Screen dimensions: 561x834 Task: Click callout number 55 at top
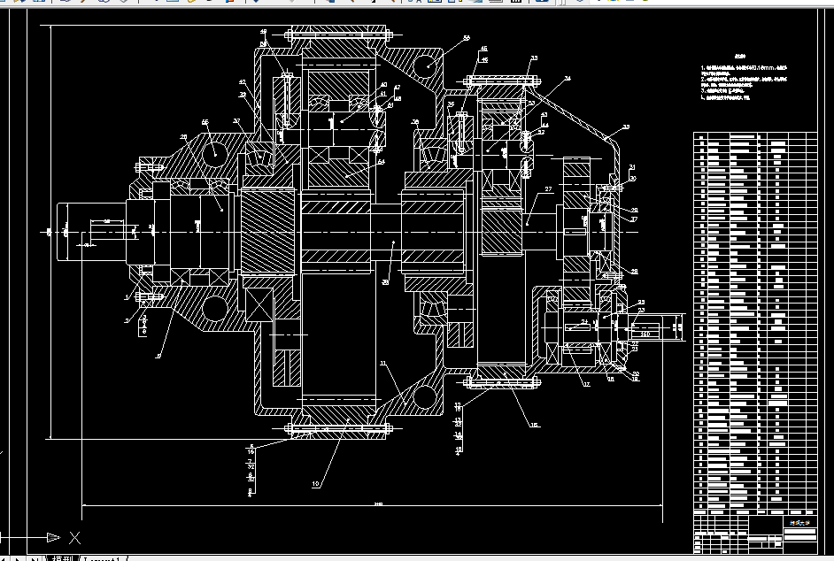pyautogui.click(x=466, y=39)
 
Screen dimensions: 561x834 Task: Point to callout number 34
pyautogui.click(x=568, y=79)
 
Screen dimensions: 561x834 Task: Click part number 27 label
pyautogui.click(x=548, y=189)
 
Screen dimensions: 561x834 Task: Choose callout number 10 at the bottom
pyautogui.click(x=314, y=484)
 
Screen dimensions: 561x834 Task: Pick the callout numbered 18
pyautogui.click(x=534, y=425)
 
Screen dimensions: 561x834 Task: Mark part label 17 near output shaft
pyautogui.click(x=585, y=384)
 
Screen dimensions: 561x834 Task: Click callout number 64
pyautogui.click(x=381, y=162)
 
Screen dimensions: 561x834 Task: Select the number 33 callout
pyautogui.click(x=533, y=58)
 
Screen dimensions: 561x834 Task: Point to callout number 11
pyautogui.click(x=383, y=364)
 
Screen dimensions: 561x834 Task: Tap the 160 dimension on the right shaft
pyautogui.click(x=645, y=334)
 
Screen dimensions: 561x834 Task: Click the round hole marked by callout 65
pyautogui.click(x=214, y=152)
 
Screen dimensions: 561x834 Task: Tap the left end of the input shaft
pyautogui.click(x=61, y=232)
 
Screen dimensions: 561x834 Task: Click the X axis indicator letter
pyautogui.click(x=75, y=537)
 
